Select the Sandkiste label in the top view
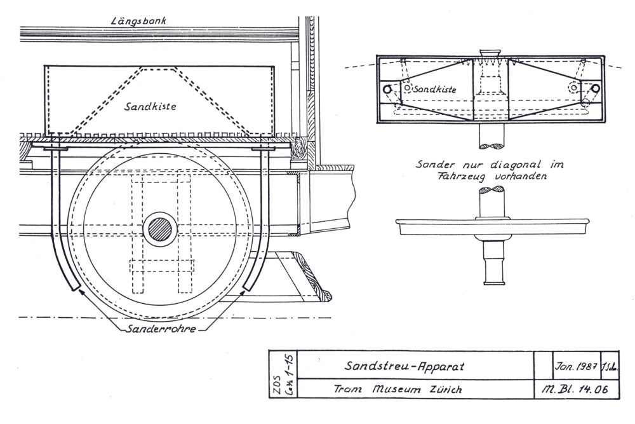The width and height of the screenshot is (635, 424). click(435, 90)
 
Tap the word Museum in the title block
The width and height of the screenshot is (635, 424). click(398, 388)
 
